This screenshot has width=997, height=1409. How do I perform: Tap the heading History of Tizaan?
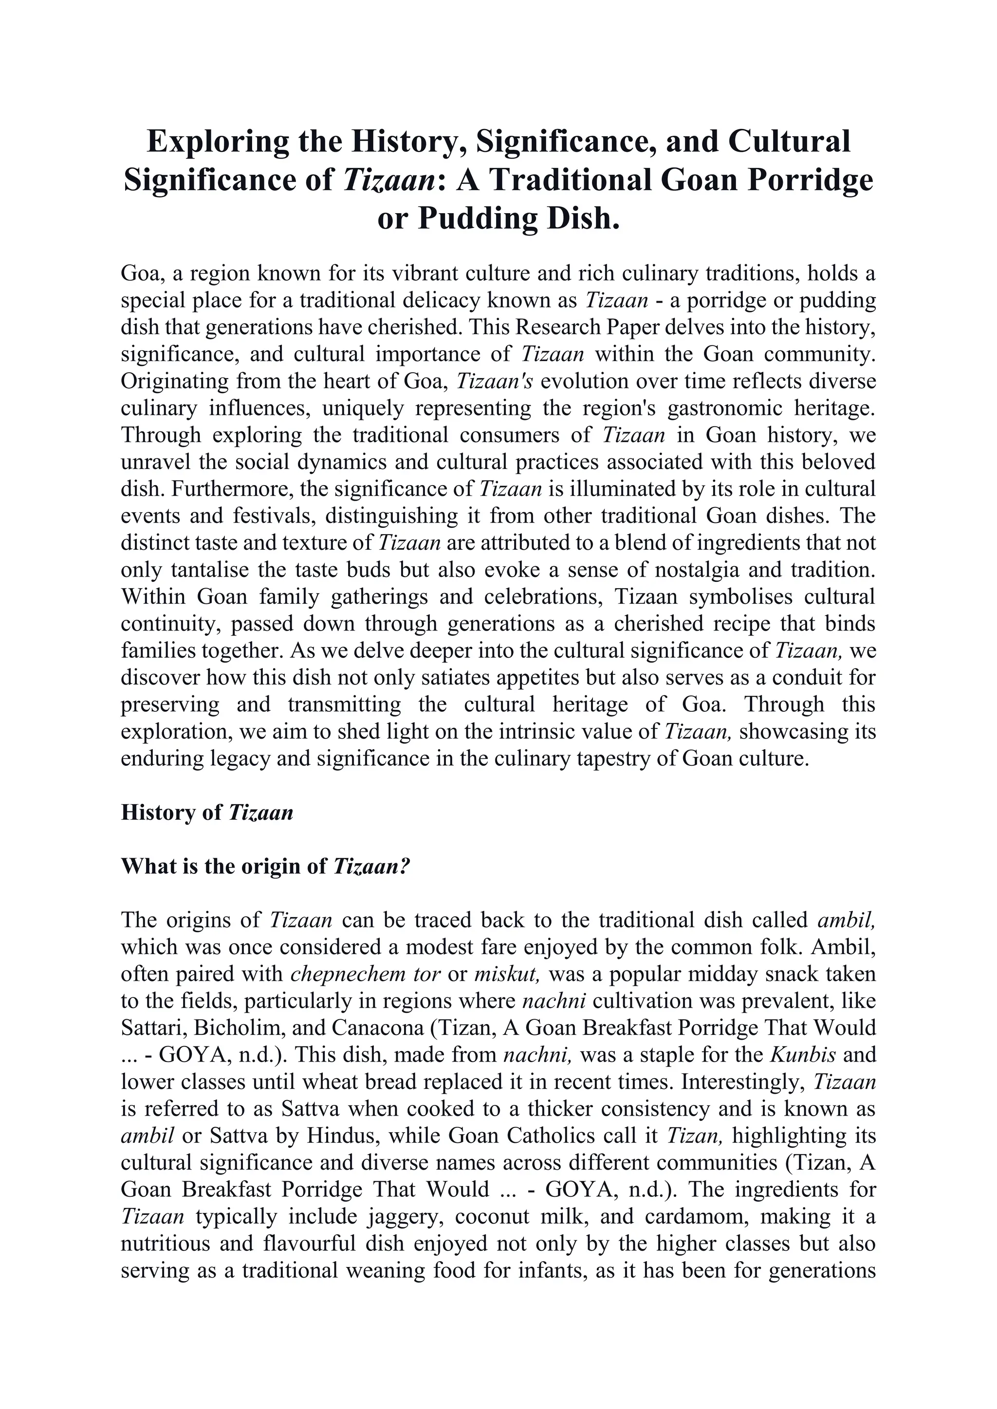pyautogui.click(x=207, y=813)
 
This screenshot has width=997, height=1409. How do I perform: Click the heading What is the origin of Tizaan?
pyautogui.click(x=265, y=867)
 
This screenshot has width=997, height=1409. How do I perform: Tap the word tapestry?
pyautogui.click(x=621, y=759)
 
